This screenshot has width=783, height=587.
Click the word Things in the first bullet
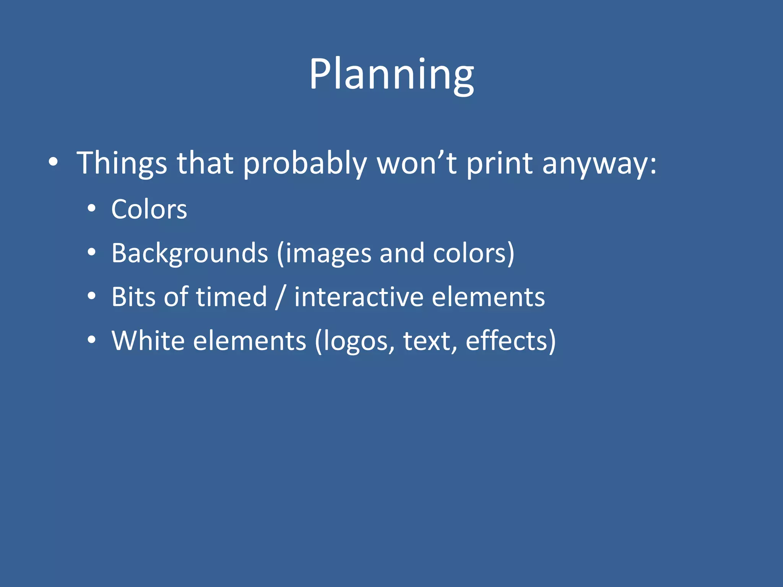122,164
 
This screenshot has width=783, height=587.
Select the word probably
305,164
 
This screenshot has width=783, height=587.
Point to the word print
499,164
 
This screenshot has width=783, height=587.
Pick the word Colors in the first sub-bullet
149,209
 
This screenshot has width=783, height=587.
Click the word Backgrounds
190,253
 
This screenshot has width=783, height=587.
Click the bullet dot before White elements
91,340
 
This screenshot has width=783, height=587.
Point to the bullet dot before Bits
91,296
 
